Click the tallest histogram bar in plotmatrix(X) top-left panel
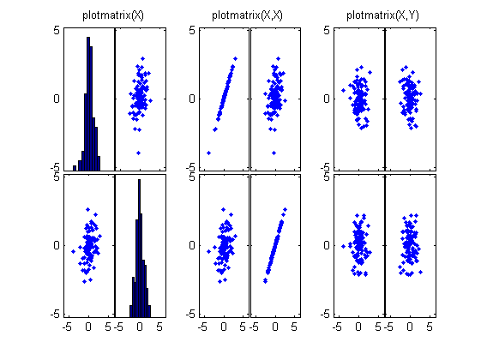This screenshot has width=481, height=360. (88, 103)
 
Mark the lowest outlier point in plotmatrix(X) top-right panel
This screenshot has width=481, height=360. (138, 153)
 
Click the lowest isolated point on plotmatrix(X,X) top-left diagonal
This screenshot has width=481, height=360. (208, 153)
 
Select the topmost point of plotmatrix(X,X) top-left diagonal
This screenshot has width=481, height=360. (234, 62)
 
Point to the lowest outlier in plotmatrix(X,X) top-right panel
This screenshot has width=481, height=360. (274, 153)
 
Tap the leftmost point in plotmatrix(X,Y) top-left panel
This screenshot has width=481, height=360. (343, 90)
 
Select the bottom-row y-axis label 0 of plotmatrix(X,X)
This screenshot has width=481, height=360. (191, 245)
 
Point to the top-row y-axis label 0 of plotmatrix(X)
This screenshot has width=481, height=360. (56, 98)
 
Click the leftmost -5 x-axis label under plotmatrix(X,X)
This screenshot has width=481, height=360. (201, 327)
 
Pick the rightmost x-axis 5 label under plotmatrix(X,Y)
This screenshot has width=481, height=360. (431, 327)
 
